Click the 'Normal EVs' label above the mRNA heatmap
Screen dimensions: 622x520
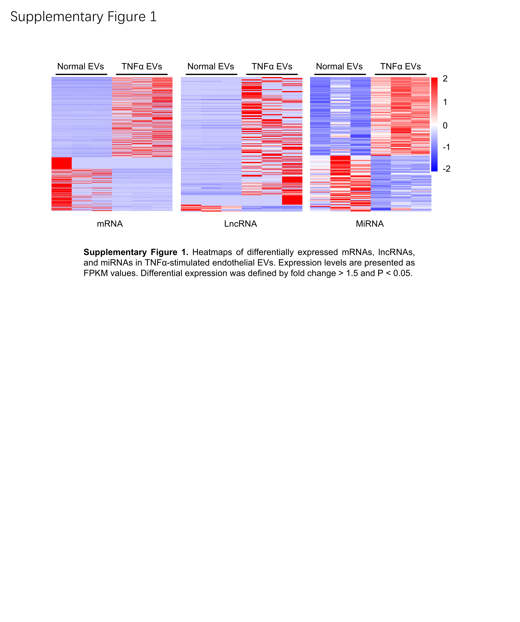point(80,66)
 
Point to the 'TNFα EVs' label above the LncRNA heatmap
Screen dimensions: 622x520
point(272,66)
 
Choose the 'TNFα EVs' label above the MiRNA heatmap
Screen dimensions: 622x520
point(400,66)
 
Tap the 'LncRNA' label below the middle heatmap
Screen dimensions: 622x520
point(240,224)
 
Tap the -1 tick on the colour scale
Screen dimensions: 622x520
point(446,147)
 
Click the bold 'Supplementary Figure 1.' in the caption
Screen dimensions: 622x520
point(136,252)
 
